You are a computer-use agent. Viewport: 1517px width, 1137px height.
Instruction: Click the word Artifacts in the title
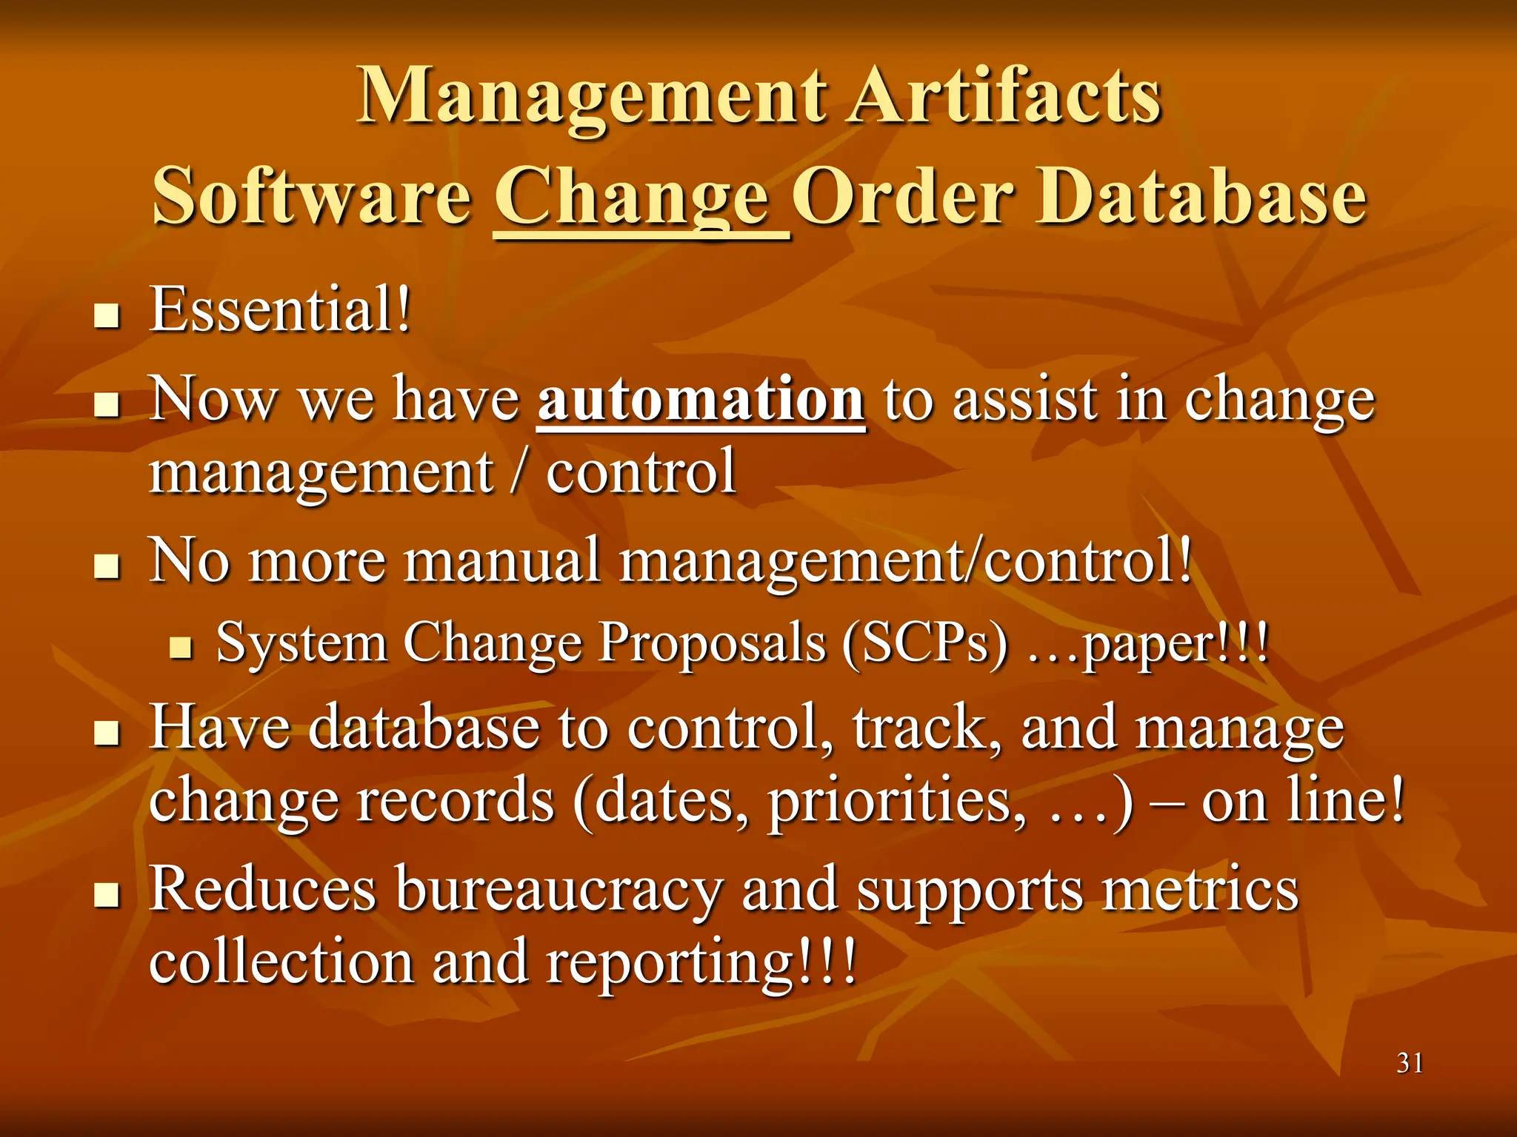1005,96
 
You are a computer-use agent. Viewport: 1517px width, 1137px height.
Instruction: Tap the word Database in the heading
1201,196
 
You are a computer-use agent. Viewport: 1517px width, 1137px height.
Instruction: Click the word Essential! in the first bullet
281,310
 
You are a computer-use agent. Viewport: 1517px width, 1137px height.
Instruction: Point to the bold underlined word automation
701,400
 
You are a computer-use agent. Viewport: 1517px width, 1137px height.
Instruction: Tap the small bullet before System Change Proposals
181,649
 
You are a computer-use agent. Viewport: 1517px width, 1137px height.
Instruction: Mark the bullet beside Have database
108,735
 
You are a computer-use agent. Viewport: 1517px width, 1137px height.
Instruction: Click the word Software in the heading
312,196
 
